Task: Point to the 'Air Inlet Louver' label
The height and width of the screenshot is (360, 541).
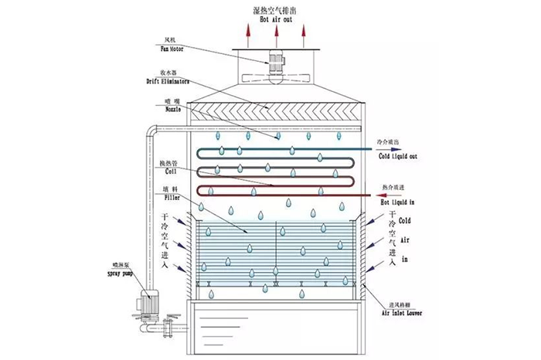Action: (x=395, y=314)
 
